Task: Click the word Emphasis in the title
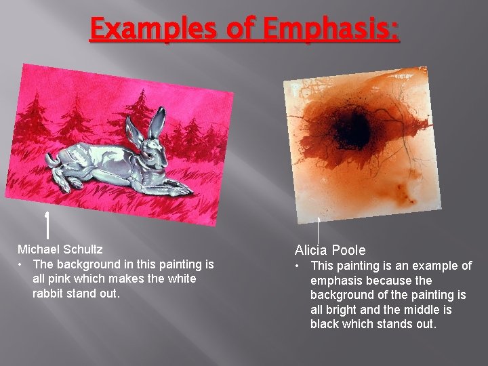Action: click(332, 29)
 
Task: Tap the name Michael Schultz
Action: click(60, 249)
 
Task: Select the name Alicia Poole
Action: click(330, 251)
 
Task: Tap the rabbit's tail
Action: click(51, 160)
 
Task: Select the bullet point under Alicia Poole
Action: click(299, 266)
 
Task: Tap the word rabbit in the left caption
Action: click(48, 293)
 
